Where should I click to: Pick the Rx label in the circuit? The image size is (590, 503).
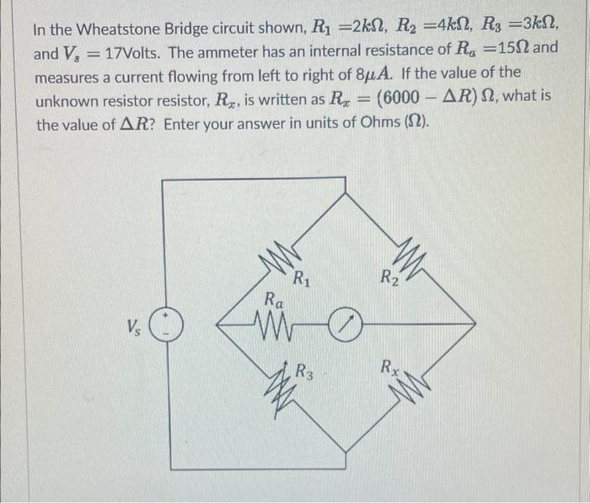pos(389,367)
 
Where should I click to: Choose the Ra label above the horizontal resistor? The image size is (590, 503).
pos(274,298)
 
